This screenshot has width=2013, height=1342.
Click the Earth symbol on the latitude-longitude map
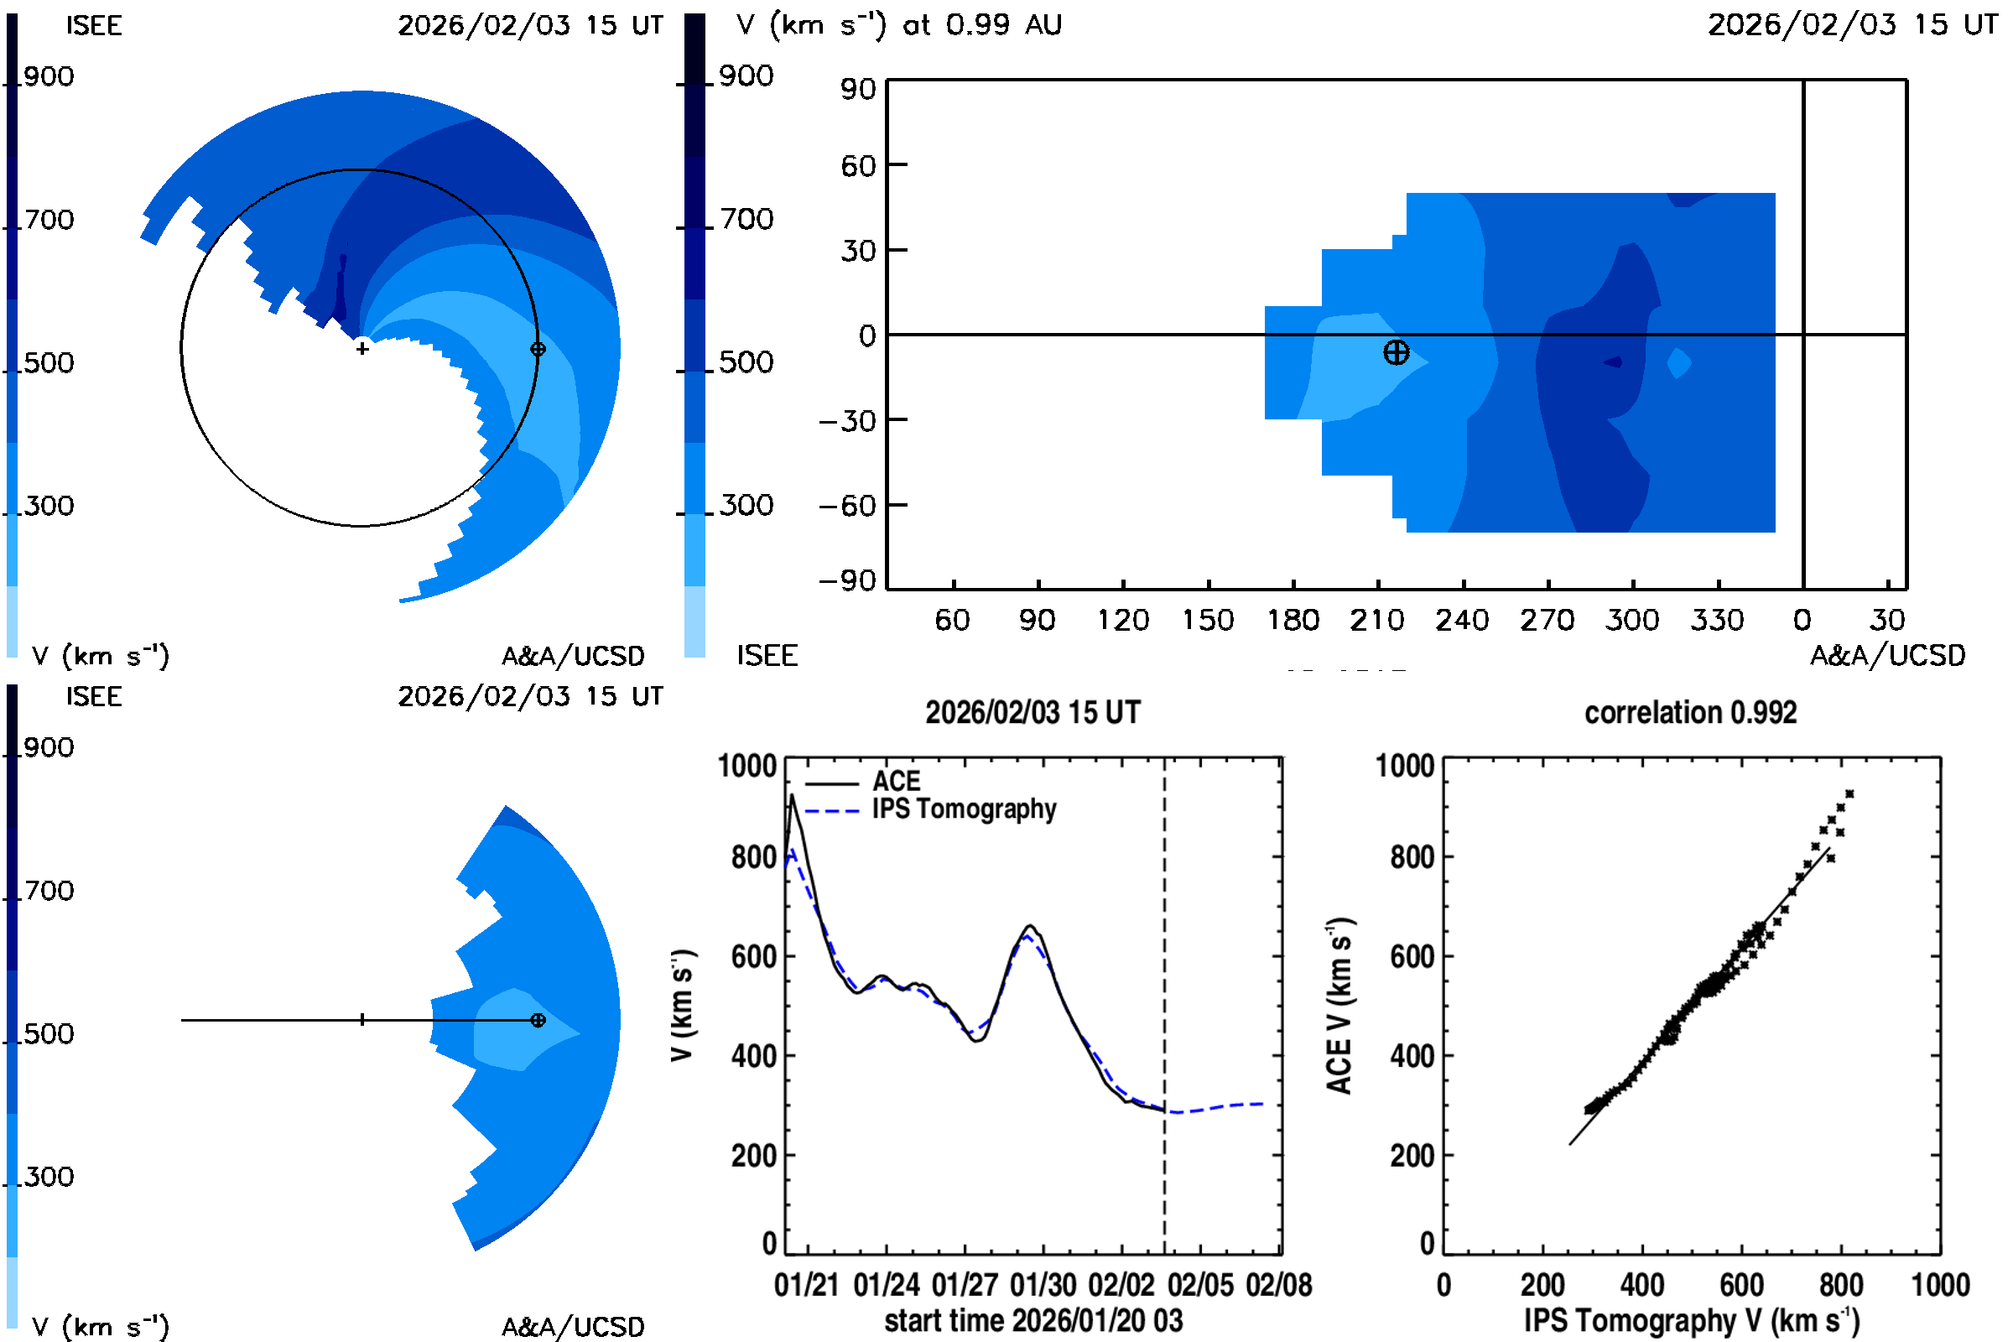1396,351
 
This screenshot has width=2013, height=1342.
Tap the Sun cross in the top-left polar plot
362,348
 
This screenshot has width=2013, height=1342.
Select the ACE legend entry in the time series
895,781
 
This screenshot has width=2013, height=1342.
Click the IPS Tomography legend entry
964,809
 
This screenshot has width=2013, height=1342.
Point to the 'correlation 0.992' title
1689,712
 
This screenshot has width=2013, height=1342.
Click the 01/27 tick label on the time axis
965,1285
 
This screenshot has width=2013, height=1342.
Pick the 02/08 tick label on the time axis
1278,1285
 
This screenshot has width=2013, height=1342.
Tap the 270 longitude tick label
1547,620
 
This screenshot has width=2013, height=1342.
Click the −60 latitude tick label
847,506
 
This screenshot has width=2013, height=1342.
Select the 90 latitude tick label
857,89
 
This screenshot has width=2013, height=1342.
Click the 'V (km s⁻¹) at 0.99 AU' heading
898,25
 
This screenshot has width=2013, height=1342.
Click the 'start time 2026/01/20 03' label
1033,1320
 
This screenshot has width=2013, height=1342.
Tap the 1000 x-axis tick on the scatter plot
1940,1285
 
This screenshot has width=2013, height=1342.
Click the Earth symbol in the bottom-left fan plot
538,1020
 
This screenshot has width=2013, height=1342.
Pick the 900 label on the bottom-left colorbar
48,747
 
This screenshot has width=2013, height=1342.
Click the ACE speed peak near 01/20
792,796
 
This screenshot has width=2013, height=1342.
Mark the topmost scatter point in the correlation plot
1849,793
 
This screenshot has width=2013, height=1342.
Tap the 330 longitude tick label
1717,620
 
